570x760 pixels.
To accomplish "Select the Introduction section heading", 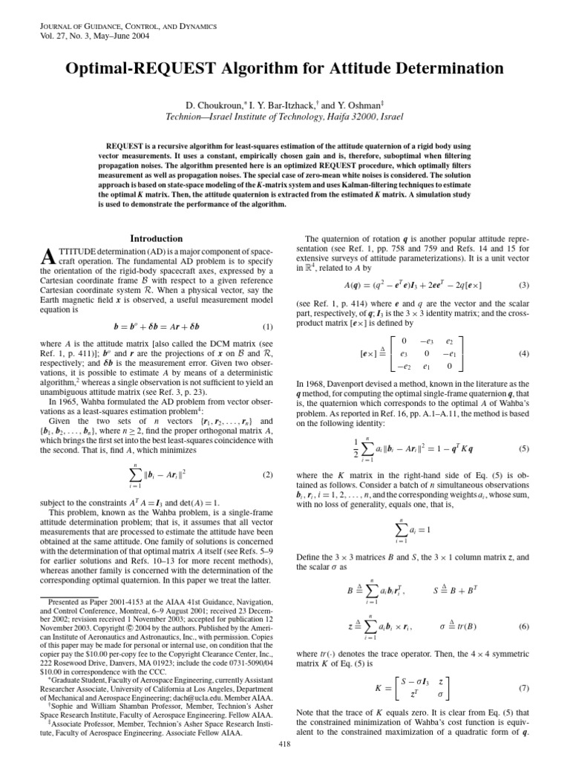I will click(x=156, y=239).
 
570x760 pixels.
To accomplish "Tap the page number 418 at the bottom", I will click(x=284, y=744).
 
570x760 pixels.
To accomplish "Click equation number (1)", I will click(x=268, y=307).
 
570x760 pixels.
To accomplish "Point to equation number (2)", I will click(x=268, y=474).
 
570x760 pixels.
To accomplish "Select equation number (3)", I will click(x=524, y=285).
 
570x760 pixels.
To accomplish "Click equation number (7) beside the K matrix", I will click(x=524, y=688).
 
